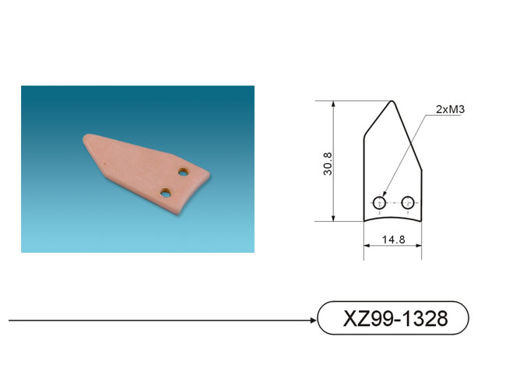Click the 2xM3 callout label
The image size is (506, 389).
pos(450,110)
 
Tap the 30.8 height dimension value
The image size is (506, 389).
pos(328,164)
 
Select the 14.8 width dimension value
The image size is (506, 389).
pos(393,240)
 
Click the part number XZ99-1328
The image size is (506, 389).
pos(395,318)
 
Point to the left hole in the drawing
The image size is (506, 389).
pos(379,203)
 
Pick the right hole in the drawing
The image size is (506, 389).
pos(408,203)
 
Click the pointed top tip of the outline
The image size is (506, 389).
pos(392,101)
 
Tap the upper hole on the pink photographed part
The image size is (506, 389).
pos(183,172)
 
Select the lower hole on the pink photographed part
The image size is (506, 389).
pos(166,193)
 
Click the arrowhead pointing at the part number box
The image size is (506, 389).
pos(313,321)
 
